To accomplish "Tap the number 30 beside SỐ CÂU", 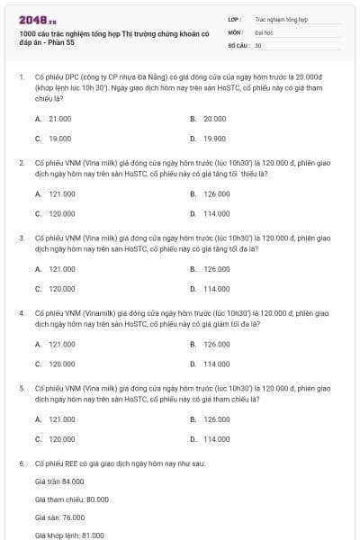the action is [258, 45].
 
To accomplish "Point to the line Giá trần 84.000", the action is [58, 481].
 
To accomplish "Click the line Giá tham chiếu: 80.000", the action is [71, 499].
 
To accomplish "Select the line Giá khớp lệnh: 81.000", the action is [69, 535].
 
